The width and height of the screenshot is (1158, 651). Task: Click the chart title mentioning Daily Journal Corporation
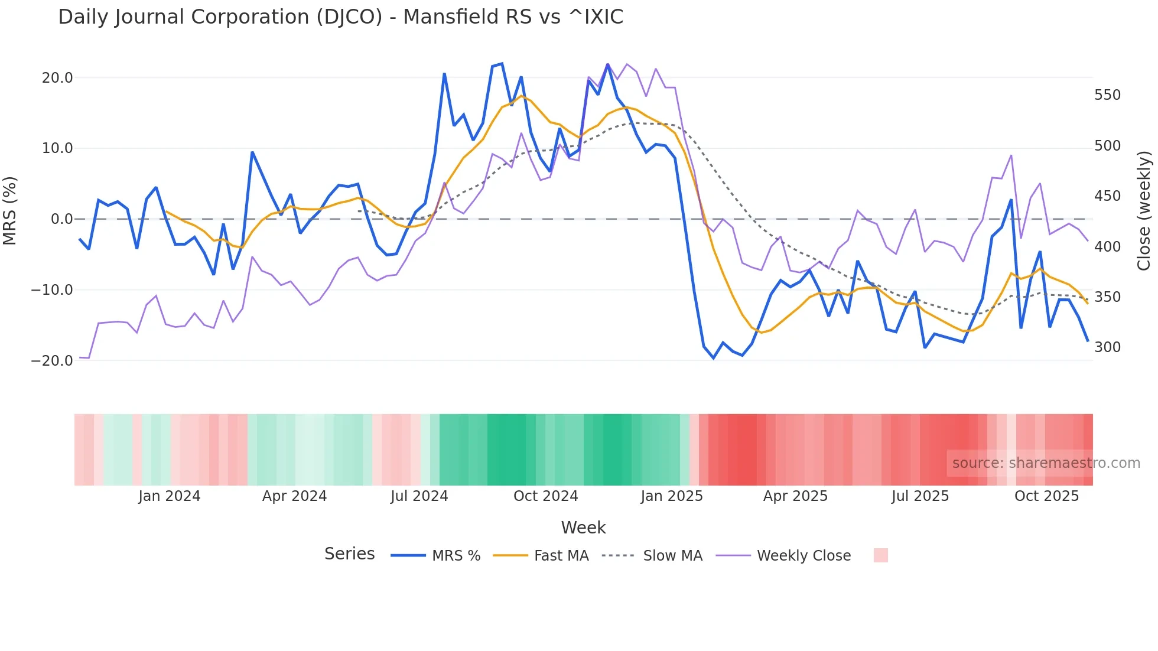(340, 17)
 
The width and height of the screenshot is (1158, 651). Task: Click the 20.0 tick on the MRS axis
(57, 78)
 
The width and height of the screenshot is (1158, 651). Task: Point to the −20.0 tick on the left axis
(52, 361)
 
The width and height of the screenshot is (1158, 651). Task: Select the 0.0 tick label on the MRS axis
(61, 219)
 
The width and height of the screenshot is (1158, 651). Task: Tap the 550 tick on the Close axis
(1107, 95)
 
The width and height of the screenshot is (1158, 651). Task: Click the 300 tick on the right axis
(1107, 347)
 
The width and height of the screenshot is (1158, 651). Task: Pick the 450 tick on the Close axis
(1107, 196)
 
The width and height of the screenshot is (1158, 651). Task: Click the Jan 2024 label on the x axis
(170, 496)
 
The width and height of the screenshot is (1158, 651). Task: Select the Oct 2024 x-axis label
(545, 496)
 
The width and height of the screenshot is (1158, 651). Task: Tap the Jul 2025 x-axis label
(920, 496)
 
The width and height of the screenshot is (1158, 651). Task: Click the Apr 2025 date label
(795, 496)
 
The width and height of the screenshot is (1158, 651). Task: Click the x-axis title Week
(583, 528)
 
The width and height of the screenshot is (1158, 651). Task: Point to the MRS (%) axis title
(10, 211)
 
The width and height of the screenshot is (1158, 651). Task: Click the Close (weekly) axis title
(1144, 211)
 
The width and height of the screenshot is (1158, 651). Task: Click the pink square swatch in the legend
(880, 555)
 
